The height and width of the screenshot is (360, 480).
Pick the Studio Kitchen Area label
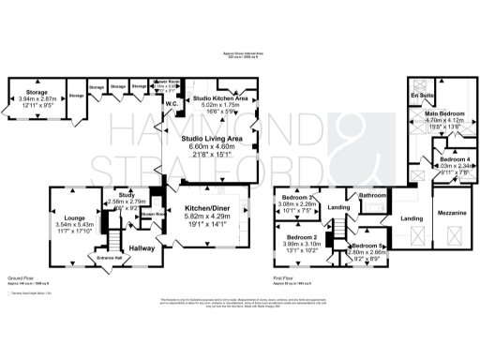pyautogui.click(x=220, y=97)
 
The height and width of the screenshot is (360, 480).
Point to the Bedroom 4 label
pyautogui.click(x=454, y=160)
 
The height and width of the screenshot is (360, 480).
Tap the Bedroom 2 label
pyautogui.click(x=302, y=238)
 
